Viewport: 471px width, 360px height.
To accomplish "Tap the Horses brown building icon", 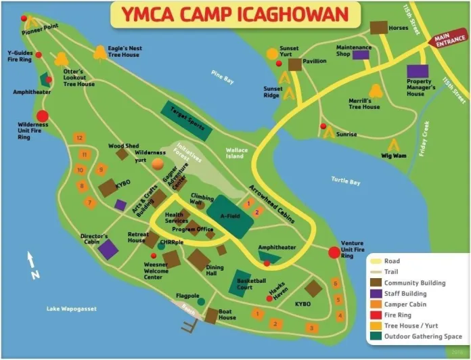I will click(x=379, y=28).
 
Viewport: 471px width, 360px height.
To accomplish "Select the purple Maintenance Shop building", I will click(x=361, y=55).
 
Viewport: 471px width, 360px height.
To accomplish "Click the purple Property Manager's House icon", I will click(x=418, y=71).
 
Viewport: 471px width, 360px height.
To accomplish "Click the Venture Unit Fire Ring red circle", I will click(x=334, y=252).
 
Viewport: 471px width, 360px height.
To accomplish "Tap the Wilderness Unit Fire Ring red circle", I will click(x=42, y=116).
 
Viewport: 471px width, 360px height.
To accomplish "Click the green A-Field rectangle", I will click(x=230, y=216).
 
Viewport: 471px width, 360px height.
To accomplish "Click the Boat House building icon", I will click(x=211, y=315).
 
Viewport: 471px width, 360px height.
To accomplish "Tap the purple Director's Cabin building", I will click(x=108, y=249).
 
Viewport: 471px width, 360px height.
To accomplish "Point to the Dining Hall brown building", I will click(x=199, y=259).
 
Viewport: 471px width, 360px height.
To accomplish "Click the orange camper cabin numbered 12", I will click(x=80, y=138).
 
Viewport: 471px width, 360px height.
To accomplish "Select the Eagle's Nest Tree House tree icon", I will click(x=100, y=51).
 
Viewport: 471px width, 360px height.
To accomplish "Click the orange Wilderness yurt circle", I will click(x=158, y=163).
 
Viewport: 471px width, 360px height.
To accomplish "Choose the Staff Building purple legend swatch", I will click(x=375, y=294).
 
